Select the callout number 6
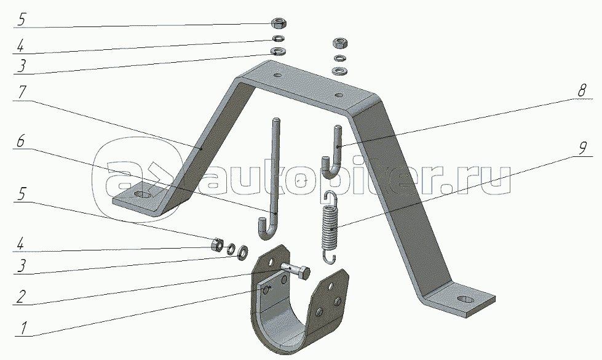(22, 141)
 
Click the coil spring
(331, 222)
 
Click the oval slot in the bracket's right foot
(466, 301)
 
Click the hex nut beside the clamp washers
(216, 246)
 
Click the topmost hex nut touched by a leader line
(277, 23)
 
